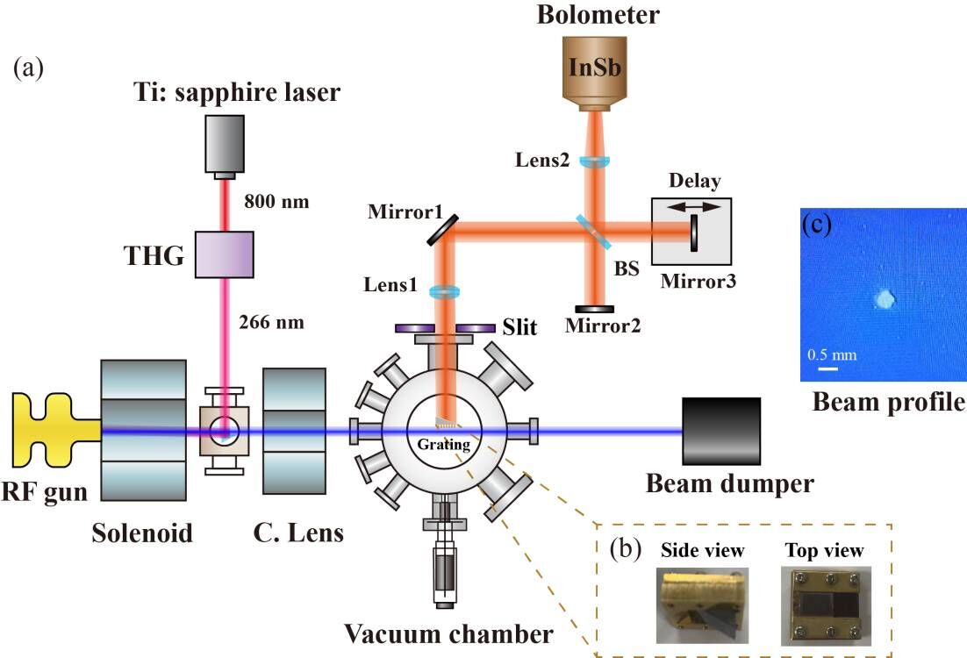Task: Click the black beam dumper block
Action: click(x=721, y=431)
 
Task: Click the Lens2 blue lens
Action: click(x=597, y=161)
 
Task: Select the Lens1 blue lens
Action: click(x=446, y=292)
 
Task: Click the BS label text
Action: click(x=627, y=272)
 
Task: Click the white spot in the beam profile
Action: click(x=884, y=301)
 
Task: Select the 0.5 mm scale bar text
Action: click(x=832, y=354)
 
